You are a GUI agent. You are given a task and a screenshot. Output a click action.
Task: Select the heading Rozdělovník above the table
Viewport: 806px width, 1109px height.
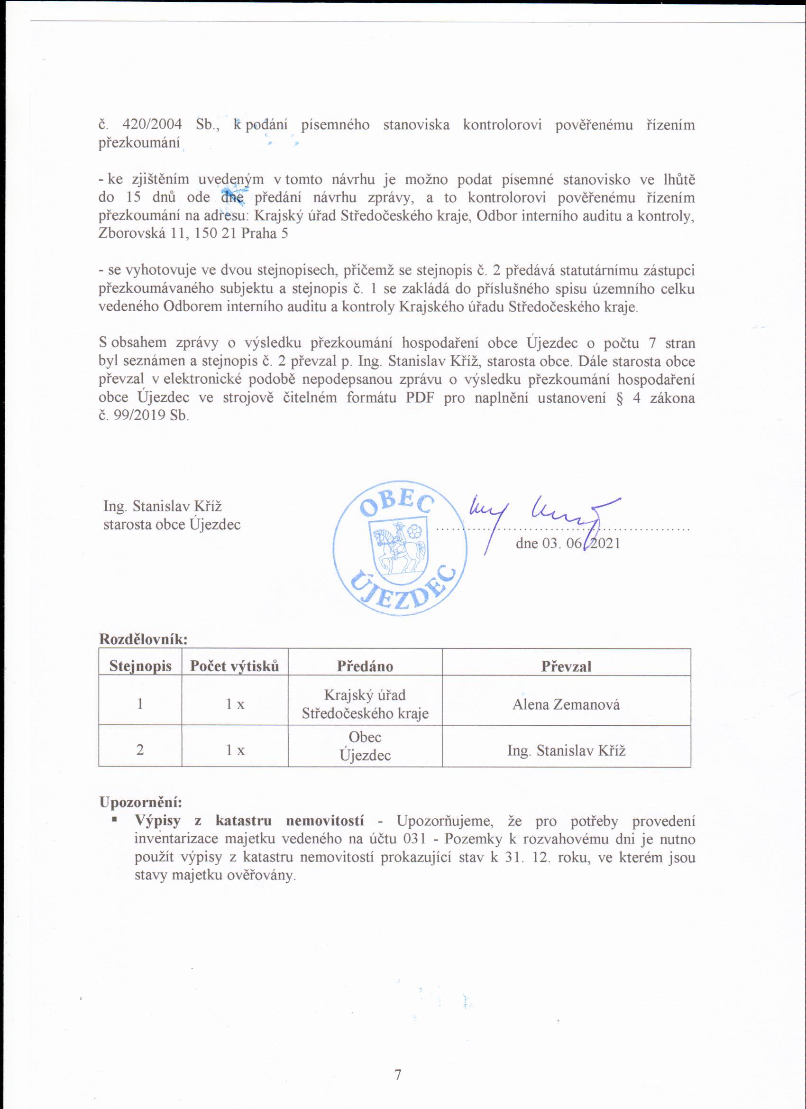click(144, 638)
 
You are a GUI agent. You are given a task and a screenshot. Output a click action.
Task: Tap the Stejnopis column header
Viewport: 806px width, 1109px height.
click(140, 666)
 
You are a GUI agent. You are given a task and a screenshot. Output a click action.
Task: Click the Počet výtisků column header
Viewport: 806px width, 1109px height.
click(235, 666)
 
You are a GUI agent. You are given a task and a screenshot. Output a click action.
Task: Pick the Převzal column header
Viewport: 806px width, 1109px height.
click(566, 666)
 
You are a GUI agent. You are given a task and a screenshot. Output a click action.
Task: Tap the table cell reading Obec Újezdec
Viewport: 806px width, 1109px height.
click(365, 746)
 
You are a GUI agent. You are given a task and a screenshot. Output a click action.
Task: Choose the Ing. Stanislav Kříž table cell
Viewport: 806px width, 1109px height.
click(566, 750)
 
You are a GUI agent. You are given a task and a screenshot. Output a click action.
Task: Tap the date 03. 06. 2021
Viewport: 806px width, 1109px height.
click(568, 543)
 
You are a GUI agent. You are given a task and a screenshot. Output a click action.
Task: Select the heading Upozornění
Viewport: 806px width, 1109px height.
click(141, 803)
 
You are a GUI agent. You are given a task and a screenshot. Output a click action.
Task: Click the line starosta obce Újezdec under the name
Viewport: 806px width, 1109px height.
click(172, 524)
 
